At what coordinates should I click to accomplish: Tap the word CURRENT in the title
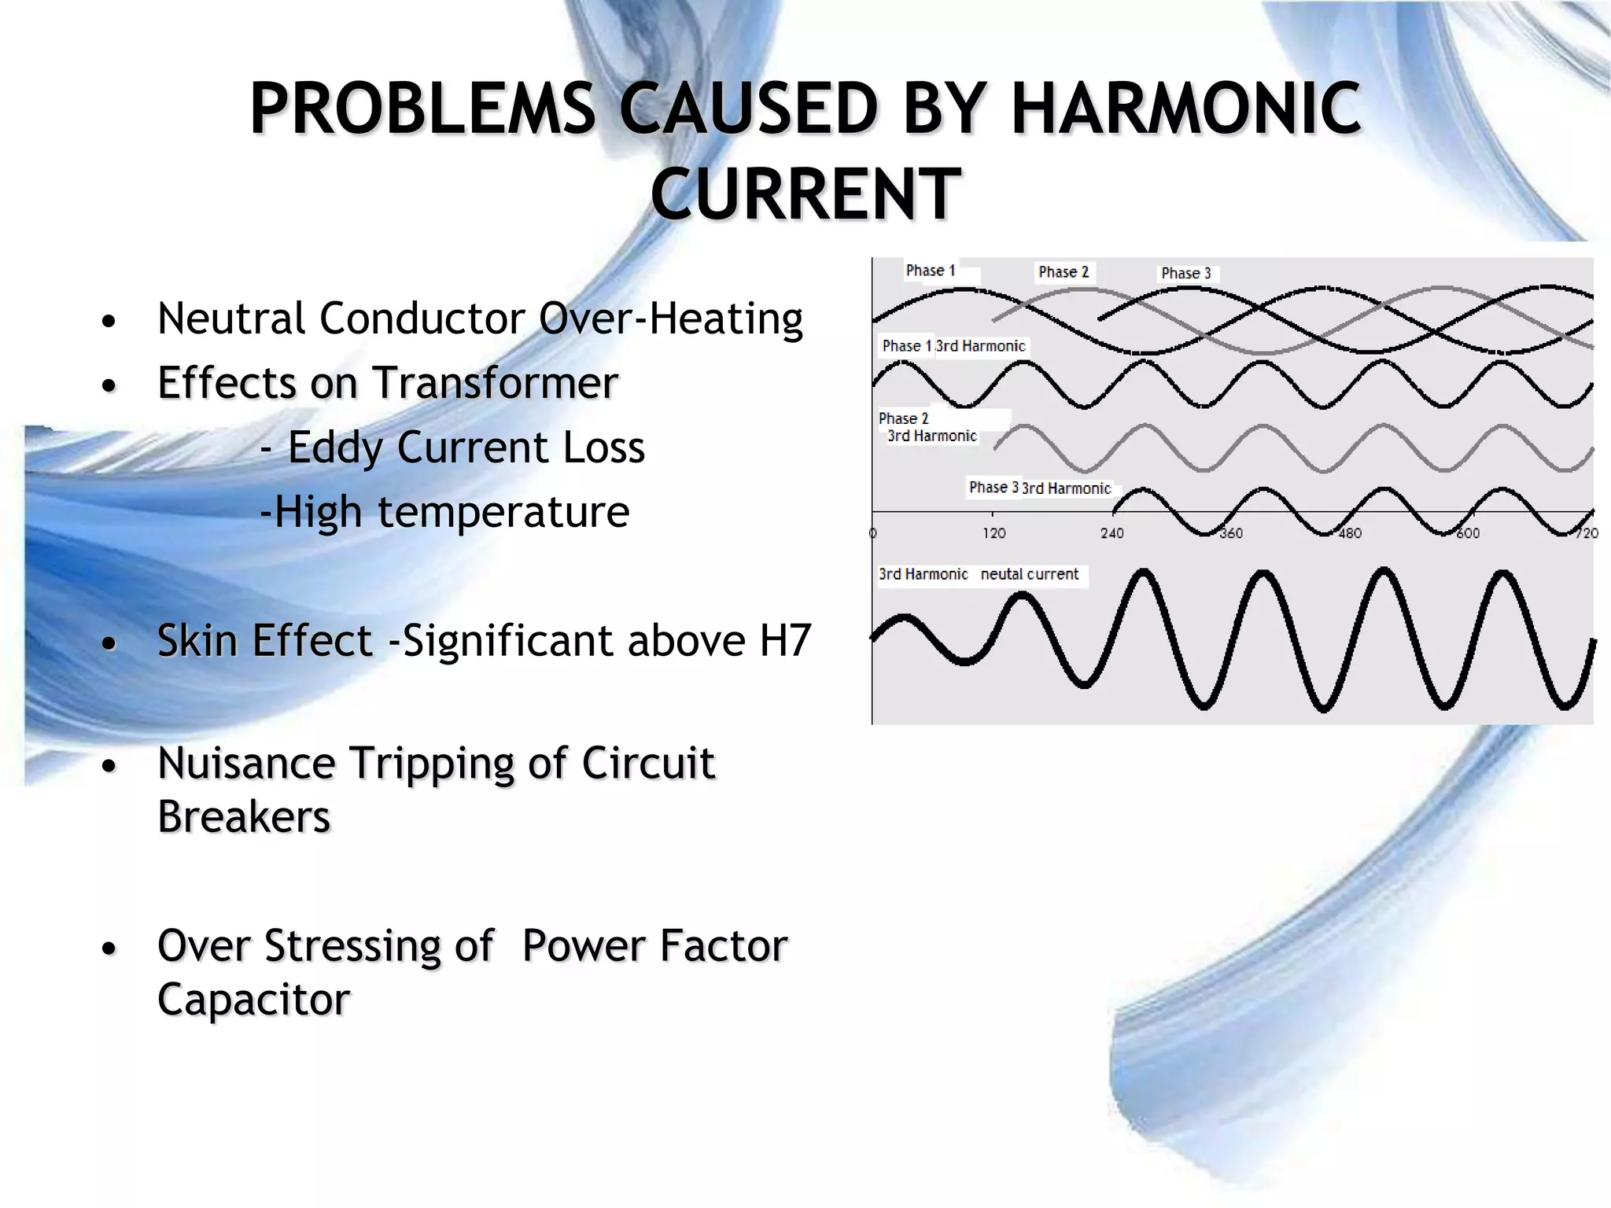click(x=805, y=194)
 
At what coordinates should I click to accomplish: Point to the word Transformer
click(x=495, y=383)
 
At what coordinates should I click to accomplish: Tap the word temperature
click(x=503, y=512)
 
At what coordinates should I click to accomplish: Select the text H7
click(x=784, y=640)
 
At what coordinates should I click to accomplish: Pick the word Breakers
click(x=244, y=816)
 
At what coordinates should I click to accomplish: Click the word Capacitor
click(x=253, y=999)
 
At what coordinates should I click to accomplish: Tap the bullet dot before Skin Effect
click(x=109, y=643)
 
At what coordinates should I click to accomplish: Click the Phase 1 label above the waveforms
click(x=931, y=271)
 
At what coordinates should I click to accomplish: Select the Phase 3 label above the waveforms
click(x=1185, y=273)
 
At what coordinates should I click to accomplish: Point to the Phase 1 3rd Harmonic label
click(x=953, y=346)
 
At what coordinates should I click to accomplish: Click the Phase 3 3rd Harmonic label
click(x=1039, y=488)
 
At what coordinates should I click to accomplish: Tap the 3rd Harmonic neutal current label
click(x=979, y=574)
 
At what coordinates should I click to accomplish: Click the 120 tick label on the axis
click(x=994, y=533)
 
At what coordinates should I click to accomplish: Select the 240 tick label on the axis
click(x=1111, y=533)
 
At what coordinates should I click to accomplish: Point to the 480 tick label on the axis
click(x=1350, y=533)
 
